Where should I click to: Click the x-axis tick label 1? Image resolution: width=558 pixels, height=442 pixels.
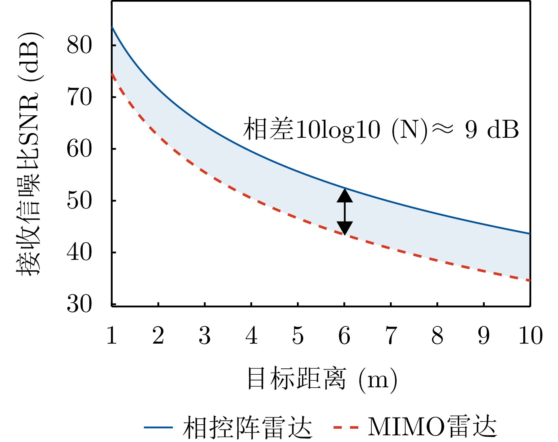112,336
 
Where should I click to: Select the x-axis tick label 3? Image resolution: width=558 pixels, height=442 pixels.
205,336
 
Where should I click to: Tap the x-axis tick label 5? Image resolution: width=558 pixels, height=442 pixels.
298,336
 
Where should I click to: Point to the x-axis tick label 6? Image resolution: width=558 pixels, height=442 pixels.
344,336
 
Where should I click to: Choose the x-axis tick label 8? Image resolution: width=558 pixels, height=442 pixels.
437,336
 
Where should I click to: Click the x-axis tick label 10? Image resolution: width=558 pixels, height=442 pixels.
530,336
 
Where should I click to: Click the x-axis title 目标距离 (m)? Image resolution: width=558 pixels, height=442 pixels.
322,379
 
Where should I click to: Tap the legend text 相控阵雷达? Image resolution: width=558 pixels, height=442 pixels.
248,427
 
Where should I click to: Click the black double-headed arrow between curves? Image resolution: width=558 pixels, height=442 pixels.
345,212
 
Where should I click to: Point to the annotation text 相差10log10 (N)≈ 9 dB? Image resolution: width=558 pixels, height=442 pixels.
380,129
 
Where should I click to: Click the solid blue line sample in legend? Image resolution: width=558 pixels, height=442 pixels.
158,427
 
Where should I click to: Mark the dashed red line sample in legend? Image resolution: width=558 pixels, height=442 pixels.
346,427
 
